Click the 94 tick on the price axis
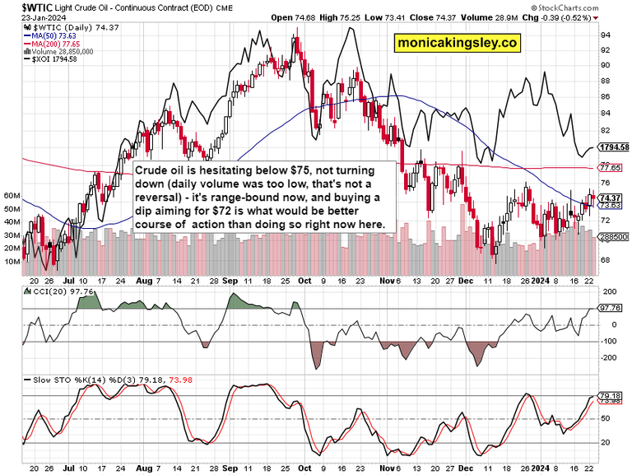pyautogui.click(x=605, y=35)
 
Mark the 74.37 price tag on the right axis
pyautogui.click(x=611, y=198)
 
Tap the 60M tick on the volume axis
pyautogui.click(x=12, y=196)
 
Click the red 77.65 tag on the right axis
pyautogui.click(x=611, y=168)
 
